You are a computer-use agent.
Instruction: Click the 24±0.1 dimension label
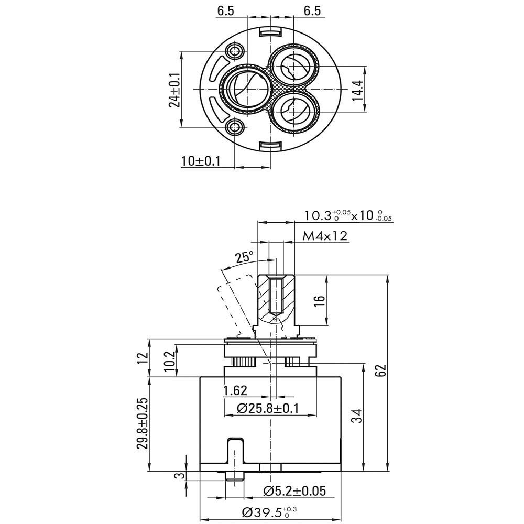[x=174, y=90]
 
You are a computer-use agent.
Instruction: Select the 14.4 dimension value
[x=358, y=89]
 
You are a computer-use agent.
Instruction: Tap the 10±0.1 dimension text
[x=201, y=161]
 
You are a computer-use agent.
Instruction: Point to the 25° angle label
[x=244, y=257]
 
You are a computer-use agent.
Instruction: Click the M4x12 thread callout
[x=325, y=236]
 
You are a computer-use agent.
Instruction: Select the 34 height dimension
[x=356, y=417]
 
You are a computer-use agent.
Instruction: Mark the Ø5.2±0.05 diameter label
[x=294, y=491]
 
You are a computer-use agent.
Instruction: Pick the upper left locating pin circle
[x=234, y=51]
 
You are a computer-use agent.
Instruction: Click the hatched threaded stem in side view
[x=276, y=298]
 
